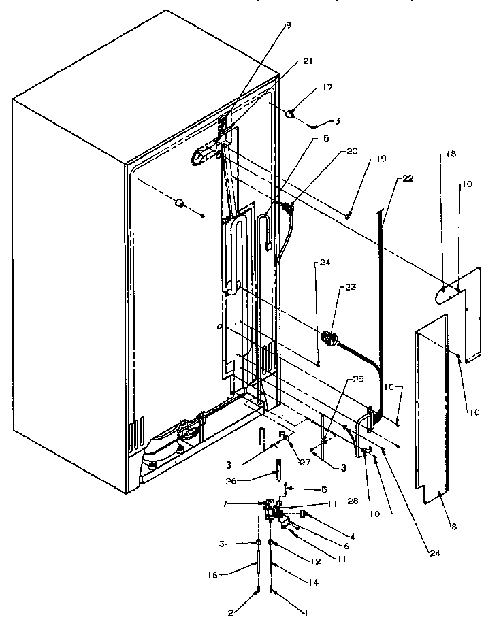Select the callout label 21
click(x=308, y=62)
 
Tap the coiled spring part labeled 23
click(x=330, y=337)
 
